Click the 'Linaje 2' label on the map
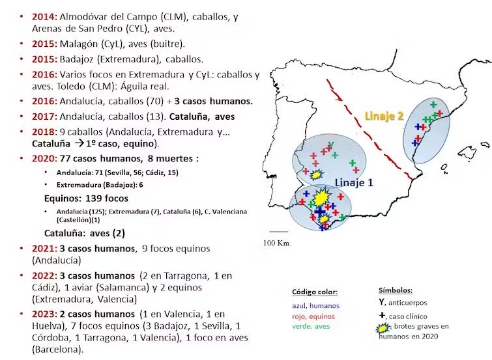(x=384, y=116)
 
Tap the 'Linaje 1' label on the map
(x=354, y=182)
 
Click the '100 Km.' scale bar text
(x=278, y=243)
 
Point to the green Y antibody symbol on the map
(x=331, y=145)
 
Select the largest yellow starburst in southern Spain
(x=322, y=197)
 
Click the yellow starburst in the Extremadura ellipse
(x=316, y=174)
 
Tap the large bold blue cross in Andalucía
(x=320, y=212)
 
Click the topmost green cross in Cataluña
(x=433, y=105)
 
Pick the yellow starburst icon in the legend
(x=384, y=327)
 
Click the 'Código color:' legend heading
(x=315, y=292)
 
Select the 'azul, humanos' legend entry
(x=316, y=305)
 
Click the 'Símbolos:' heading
(x=396, y=290)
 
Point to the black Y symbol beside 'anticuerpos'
(x=382, y=302)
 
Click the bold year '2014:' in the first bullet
(x=46, y=15)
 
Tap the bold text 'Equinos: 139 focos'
(x=86, y=198)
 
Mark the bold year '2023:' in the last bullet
(x=46, y=314)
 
